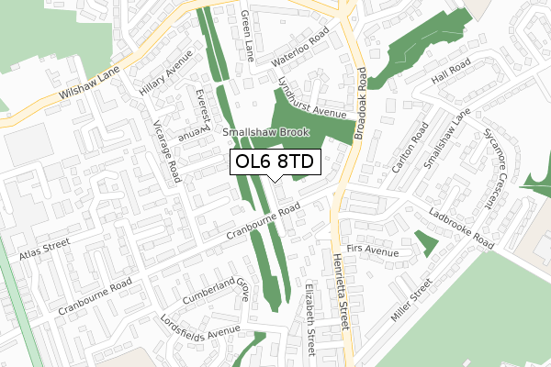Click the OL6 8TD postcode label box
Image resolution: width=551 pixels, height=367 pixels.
[274, 161]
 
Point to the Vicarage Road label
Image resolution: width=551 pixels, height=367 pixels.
[169, 150]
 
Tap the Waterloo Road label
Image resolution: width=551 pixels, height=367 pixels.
[300, 50]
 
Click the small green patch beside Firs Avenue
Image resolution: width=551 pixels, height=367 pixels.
[425, 243]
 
